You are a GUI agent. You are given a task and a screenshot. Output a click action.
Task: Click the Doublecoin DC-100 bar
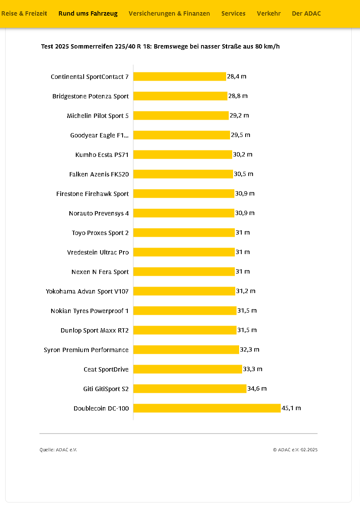207,408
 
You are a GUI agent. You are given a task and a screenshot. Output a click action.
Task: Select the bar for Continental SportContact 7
180,77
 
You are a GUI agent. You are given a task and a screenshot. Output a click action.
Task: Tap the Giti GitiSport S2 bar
190,389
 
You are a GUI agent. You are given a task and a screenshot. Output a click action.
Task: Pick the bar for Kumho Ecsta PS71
182,155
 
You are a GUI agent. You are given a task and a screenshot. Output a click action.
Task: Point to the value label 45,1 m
291,408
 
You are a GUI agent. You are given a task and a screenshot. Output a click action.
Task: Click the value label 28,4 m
237,77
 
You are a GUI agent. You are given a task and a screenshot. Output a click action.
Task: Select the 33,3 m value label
253,369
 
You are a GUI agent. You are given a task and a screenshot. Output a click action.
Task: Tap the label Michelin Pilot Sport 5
97,116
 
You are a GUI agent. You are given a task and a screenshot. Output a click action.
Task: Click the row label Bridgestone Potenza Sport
91,96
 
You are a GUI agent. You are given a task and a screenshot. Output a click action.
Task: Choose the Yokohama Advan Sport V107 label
87,291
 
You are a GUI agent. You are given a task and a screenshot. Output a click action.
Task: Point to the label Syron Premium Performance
86,350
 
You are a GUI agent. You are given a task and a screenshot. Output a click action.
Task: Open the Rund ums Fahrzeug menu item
88,13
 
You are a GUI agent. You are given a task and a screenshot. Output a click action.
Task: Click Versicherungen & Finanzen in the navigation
169,13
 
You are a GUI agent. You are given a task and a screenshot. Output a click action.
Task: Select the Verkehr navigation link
269,13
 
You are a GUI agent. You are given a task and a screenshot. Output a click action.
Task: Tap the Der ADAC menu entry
306,13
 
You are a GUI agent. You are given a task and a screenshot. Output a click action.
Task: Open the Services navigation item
234,13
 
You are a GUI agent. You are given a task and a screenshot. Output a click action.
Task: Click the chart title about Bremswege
160,46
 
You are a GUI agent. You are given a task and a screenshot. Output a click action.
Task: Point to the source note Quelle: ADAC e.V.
58,450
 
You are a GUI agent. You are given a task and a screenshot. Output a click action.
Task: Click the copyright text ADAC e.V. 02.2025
295,450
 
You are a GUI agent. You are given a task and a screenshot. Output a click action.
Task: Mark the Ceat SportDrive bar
188,369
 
